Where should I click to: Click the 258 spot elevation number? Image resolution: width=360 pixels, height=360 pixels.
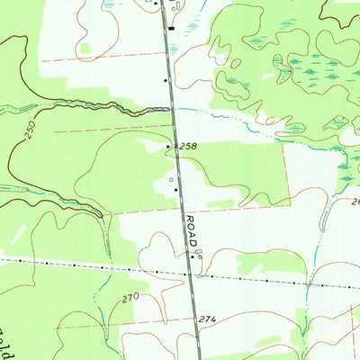click(186, 145)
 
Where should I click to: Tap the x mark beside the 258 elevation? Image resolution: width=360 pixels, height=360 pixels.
click(175, 144)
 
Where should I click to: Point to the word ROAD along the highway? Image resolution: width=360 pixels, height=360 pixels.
click(191, 230)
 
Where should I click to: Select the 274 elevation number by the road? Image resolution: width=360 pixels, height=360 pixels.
click(209, 319)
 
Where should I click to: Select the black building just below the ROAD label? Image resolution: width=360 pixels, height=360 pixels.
click(191, 256)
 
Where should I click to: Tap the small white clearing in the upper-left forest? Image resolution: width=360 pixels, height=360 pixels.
click(85, 47)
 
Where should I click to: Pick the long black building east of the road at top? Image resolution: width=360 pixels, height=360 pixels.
click(171, 28)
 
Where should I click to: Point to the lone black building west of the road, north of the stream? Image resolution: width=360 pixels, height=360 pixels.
click(166, 81)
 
